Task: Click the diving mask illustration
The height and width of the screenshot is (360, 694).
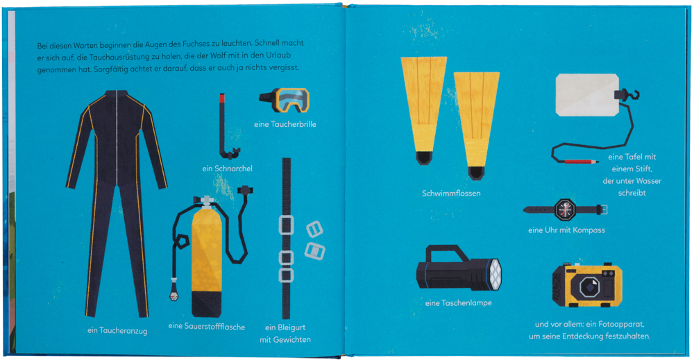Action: [284, 101]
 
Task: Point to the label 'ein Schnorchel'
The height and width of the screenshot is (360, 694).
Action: [228, 169]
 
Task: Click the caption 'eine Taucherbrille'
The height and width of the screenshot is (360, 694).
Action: [285, 124]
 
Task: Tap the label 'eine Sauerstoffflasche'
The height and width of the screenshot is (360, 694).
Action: [207, 327]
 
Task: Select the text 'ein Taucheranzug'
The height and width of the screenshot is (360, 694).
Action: [117, 331]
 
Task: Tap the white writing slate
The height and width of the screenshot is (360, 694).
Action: [587, 95]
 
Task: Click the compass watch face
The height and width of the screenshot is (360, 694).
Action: [565, 209]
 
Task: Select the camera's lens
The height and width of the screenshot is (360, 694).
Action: [589, 286]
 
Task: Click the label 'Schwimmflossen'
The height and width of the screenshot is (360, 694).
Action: [451, 194]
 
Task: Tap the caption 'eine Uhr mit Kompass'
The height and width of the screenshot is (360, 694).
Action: [566, 230]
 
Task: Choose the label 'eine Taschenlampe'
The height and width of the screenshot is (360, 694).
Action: [458, 303]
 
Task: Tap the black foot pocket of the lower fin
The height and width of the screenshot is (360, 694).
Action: [476, 173]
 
